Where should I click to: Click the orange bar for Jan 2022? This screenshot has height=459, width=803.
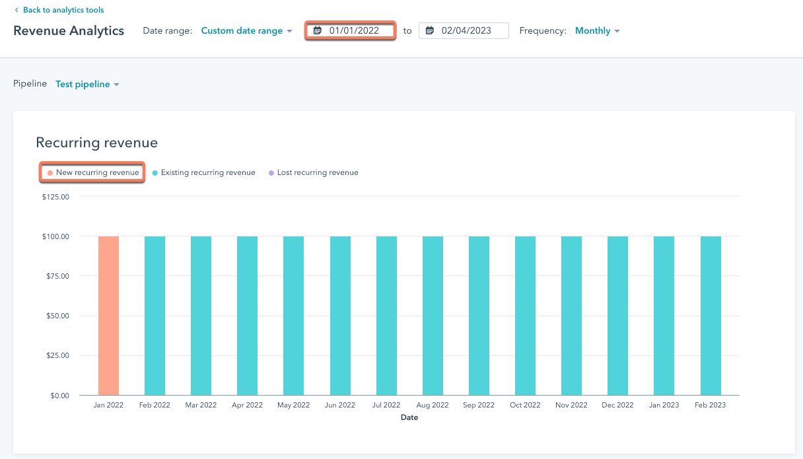[x=109, y=316]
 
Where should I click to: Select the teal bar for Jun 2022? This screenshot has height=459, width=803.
[x=340, y=316]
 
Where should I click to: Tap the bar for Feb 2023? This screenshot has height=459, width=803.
[x=711, y=316]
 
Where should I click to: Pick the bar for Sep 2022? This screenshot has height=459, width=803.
[x=479, y=316]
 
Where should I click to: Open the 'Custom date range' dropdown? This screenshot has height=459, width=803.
[x=246, y=31]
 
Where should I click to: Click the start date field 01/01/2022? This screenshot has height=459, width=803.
[x=353, y=30]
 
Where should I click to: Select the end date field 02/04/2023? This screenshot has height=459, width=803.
[x=466, y=30]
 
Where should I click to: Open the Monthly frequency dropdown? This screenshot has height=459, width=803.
[x=597, y=31]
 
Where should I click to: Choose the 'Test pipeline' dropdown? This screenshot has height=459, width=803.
[x=87, y=85]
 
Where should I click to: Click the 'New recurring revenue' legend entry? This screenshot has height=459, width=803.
[x=96, y=172]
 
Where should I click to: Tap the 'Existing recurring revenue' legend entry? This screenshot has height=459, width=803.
[x=207, y=172]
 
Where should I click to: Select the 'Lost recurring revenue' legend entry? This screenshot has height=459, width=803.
[x=317, y=172]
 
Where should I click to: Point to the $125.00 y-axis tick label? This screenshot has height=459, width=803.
[x=55, y=196]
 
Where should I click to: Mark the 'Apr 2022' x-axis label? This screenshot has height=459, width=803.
[x=247, y=405]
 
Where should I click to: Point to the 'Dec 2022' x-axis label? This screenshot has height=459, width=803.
[x=617, y=405]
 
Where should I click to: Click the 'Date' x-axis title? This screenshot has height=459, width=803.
[x=409, y=417]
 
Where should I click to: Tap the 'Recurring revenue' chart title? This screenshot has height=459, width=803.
[x=96, y=143]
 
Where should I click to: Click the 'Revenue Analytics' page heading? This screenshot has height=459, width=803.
[x=69, y=31]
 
